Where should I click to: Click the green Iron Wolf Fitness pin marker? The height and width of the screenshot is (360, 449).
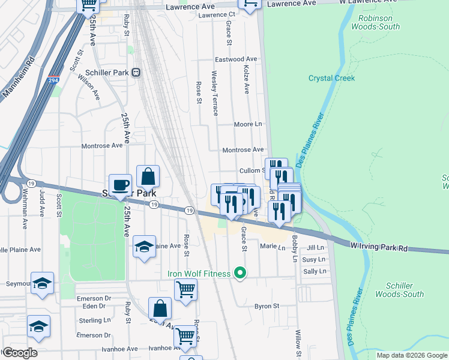click(241, 274)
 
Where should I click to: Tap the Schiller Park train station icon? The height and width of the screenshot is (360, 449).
click(136, 72)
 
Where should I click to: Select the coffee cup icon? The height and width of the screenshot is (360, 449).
click(120, 185)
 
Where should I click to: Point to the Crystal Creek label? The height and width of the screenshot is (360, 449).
click(331, 78)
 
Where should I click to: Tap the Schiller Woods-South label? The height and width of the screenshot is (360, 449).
click(399, 290)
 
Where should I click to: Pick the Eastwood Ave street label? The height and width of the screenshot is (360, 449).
click(237, 59)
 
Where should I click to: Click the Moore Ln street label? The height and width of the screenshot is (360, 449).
click(248, 124)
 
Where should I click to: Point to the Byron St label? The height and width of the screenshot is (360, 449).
click(267, 306)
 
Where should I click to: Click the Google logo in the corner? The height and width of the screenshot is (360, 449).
click(19, 353)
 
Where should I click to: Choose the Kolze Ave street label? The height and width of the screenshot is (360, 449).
click(247, 80)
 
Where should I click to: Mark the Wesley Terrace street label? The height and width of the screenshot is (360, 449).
click(214, 93)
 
